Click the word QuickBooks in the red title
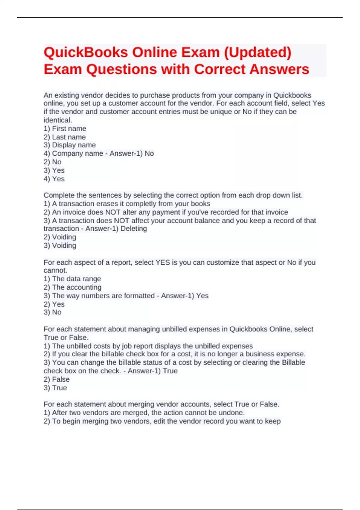point(85,52)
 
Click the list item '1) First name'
point(65,129)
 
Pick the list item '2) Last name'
point(64,137)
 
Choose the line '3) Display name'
point(70,145)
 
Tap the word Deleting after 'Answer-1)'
point(133,229)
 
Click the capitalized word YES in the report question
point(163,262)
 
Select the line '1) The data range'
point(72,279)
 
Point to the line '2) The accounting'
point(72,287)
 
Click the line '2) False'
point(56,379)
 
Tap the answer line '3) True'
point(55,388)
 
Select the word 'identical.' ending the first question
point(58,120)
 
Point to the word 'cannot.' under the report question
point(55,271)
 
